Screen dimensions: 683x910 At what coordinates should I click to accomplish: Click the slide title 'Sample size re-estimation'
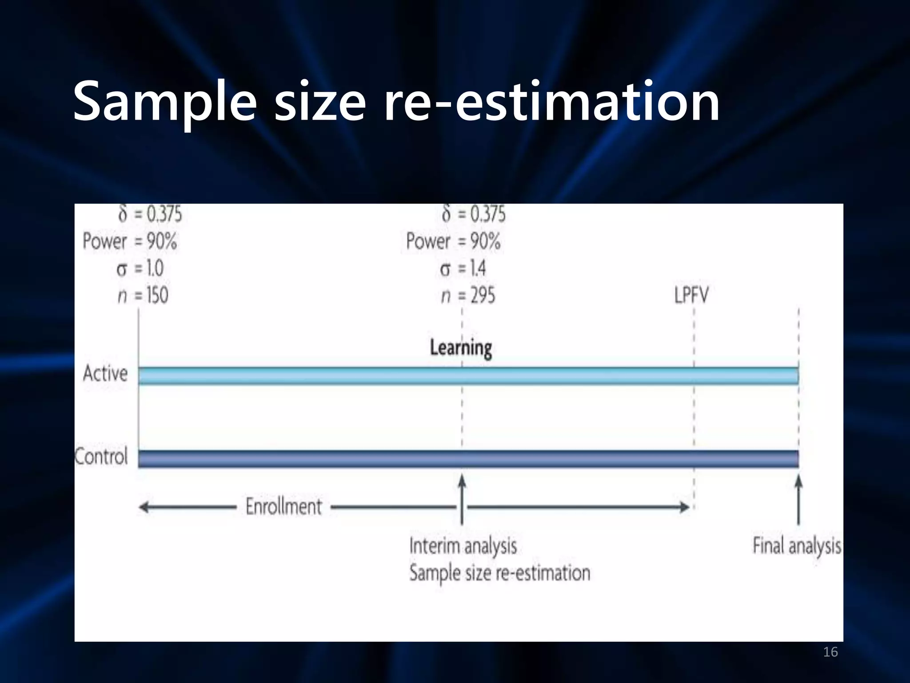click(x=396, y=101)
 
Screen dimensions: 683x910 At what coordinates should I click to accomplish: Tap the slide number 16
click(x=830, y=652)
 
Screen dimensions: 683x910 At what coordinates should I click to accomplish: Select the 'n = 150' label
click(x=143, y=296)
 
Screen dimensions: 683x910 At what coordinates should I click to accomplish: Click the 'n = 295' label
click(x=468, y=296)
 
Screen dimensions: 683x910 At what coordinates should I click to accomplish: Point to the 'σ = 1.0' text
click(x=140, y=269)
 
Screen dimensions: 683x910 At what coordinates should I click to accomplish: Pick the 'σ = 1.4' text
click(x=463, y=269)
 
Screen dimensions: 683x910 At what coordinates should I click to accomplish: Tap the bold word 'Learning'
click(x=461, y=348)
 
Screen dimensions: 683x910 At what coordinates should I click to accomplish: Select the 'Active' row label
click(x=105, y=374)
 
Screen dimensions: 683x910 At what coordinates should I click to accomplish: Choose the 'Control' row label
click(x=101, y=457)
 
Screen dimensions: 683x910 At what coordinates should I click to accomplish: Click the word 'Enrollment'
click(x=283, y=506)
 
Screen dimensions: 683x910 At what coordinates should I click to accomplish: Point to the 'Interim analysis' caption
click(x=463, y=546)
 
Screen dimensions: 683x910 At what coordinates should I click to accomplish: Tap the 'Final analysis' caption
click(x=797, y=546)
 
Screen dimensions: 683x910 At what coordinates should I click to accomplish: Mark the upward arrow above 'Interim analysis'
click(x=462, y=498)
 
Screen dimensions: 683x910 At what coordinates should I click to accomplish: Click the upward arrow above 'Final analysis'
click(x=798, y=498)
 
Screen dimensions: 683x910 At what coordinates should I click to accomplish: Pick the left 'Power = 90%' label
click(x=130, y=241)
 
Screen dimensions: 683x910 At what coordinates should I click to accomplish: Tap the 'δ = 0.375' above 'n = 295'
click(x=474, y=214)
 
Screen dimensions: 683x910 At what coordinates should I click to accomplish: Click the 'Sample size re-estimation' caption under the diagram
click(x=500, y=573)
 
